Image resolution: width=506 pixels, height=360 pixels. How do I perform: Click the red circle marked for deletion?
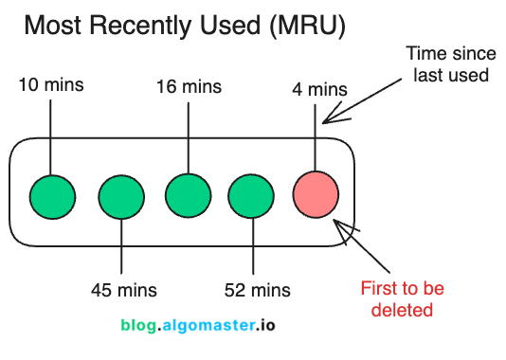coord(316,195)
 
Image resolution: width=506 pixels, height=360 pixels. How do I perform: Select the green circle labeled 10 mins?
coord(51,195)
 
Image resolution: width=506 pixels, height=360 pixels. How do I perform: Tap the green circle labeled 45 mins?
coord(120,195)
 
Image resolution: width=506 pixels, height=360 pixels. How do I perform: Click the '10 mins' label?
coord(51,85)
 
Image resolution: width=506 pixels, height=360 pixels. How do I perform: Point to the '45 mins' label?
coord(124,289)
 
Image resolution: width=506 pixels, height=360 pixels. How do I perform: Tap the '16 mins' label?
coord(189,87)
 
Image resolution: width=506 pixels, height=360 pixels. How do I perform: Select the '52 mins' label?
coord(257,289)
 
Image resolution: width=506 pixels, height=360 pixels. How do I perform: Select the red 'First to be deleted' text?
coord(402,298)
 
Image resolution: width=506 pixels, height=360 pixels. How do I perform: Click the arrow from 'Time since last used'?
coord(365,99)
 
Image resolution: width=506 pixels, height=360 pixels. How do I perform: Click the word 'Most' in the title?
coord(52,26)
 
